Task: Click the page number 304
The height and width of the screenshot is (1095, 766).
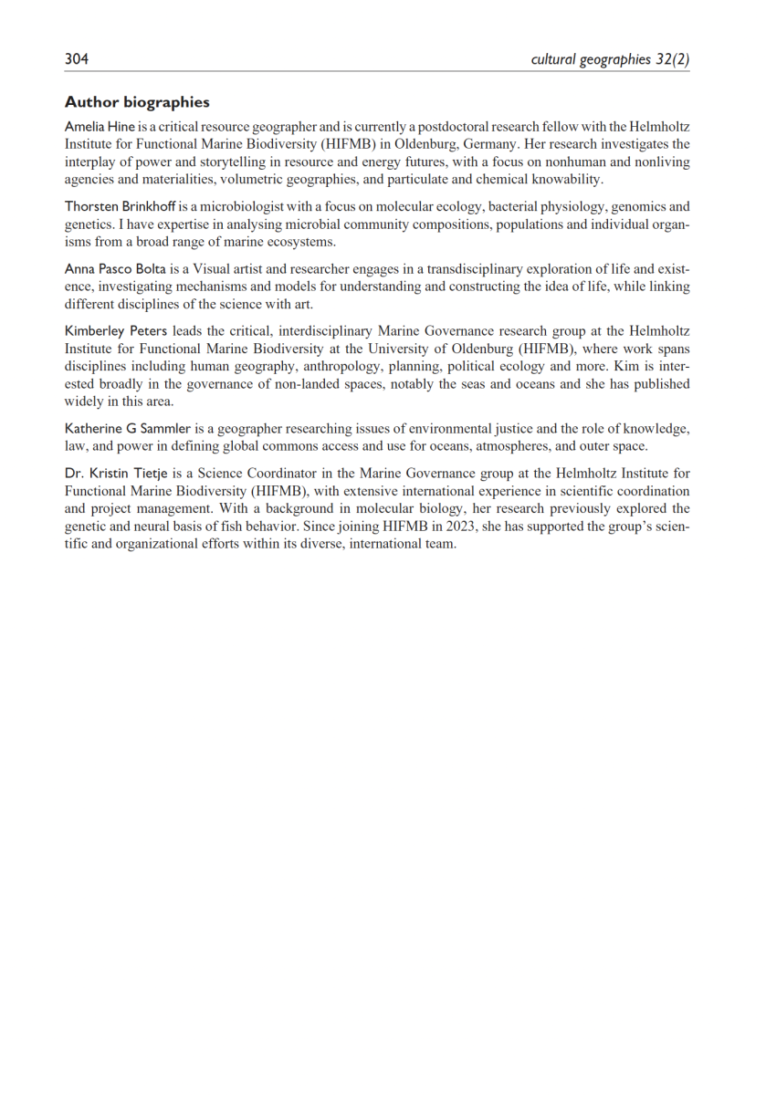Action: [x=77, y=59]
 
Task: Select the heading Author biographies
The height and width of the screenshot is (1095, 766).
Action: [x=137, y=102]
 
